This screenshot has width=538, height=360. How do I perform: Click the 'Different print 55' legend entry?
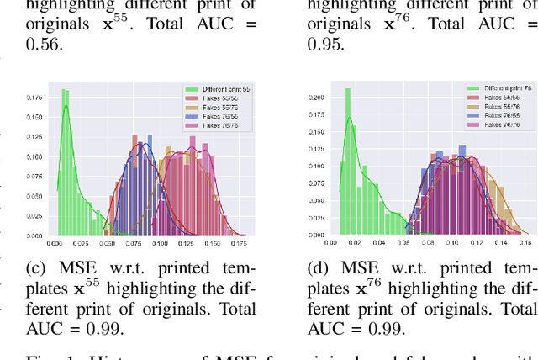pyautogui.click(x=220, y=88)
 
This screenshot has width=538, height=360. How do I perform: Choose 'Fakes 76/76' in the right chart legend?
pyautogui.click(x=495, y=124)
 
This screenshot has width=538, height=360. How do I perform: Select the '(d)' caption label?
pyautogui.click(x=319, y=268)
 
